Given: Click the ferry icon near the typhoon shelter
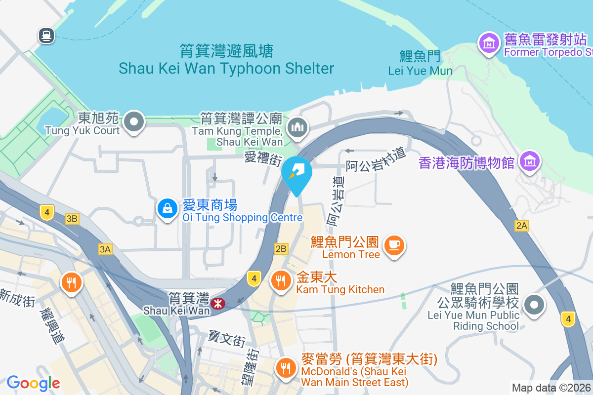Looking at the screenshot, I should (47, 35).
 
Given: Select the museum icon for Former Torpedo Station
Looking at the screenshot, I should (489, 43).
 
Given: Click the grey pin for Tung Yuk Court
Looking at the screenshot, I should (134, 121).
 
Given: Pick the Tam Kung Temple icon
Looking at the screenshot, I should (297, 127).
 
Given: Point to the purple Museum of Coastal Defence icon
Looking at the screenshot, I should (529, 161).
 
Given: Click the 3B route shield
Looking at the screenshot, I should (72, 218).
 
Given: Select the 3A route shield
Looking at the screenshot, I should (105, 249).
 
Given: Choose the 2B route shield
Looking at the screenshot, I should (281, 248).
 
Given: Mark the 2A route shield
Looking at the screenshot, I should (522, 226).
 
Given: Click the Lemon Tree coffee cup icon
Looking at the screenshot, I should (394, 244).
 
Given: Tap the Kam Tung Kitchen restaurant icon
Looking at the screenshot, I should (281, 280).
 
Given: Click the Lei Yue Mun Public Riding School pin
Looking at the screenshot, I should (534, 304).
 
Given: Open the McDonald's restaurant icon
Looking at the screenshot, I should (285, 367).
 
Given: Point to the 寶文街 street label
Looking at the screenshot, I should (227, 340).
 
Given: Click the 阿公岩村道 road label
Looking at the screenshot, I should (376, 160).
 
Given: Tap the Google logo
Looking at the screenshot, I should (34, 383).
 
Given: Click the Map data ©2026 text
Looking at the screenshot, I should (551, 388).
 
